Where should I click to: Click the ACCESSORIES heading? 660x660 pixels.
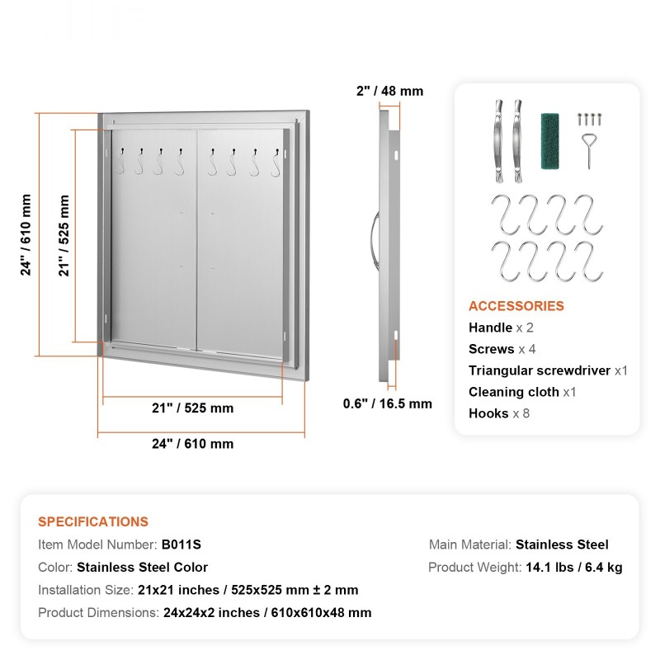pos(516,306)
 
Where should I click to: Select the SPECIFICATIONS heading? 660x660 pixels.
pos(93,521)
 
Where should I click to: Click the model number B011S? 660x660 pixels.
pos(181,544)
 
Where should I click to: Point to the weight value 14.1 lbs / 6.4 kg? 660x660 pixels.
pos(573,568)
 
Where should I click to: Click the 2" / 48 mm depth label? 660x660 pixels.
pos(389,91)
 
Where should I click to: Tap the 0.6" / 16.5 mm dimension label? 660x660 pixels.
pos(387,403)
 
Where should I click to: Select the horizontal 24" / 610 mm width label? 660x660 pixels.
pos(192,444)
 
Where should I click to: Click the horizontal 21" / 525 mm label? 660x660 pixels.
pos(192,408)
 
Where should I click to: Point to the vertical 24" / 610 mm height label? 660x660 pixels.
pos(27,234)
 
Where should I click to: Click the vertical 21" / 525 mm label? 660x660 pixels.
pos(64,234)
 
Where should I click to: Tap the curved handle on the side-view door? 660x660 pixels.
pos(374,239)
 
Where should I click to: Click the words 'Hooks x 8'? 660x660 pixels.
pos(499,413)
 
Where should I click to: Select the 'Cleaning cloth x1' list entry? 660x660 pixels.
pos(522,392)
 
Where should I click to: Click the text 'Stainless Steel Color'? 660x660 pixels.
pos(142,568)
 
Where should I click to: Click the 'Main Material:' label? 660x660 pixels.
pos(469,544)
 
